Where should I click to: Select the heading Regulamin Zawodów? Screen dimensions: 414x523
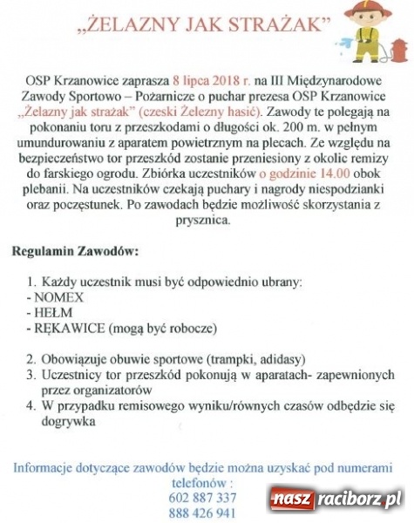click(75, 253)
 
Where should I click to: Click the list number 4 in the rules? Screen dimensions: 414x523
click(31, 404)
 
